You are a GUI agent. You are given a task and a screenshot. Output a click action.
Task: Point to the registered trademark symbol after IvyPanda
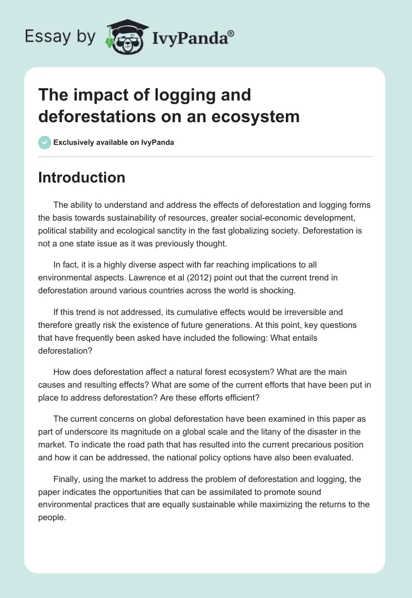tap(231, 33)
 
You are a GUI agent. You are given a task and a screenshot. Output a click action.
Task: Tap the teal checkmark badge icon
tap(45, 142)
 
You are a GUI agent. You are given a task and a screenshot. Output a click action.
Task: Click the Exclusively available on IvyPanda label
tap(114, 142)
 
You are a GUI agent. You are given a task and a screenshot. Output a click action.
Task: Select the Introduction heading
tap(81, 177)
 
